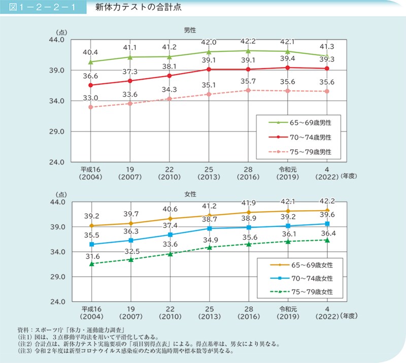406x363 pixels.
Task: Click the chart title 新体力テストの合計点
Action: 134,8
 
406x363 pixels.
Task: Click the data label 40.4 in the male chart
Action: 90,52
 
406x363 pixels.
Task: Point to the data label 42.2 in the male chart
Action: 248,41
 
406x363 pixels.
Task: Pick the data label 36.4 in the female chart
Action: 327,232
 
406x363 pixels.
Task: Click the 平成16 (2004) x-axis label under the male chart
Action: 90,173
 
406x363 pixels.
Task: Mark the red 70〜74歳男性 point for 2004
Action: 90,85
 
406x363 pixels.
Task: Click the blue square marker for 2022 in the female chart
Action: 327,224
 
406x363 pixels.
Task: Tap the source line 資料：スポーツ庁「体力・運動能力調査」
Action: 75,329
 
